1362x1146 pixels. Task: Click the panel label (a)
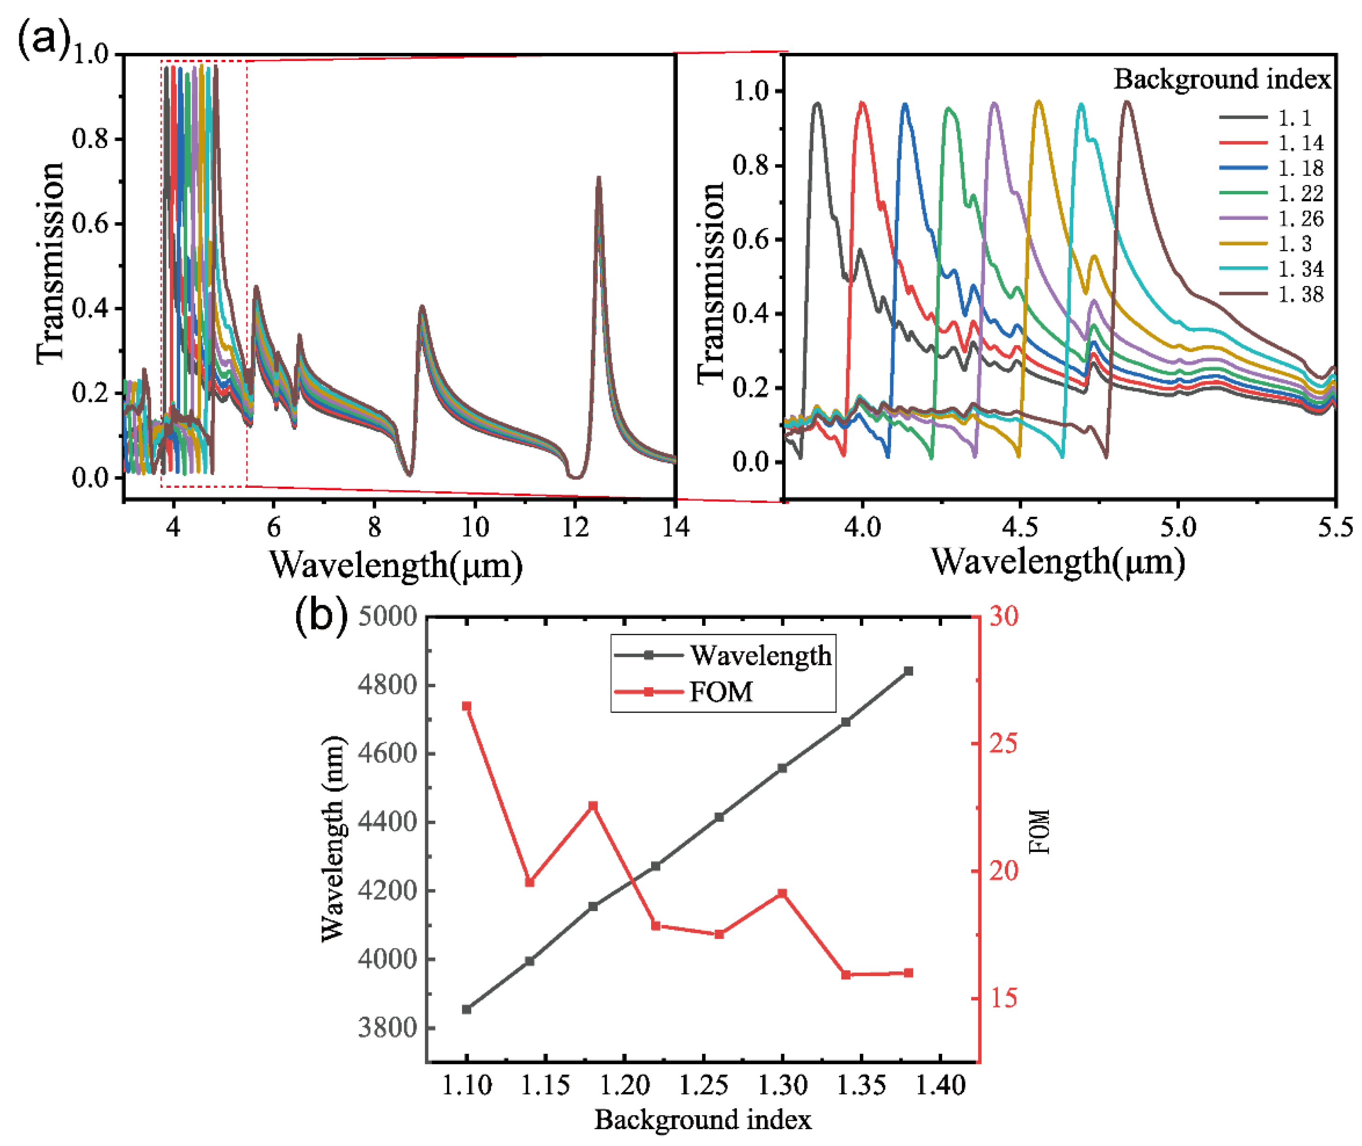[x=43, y=39]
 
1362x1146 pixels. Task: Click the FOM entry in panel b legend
[x=720, y=692]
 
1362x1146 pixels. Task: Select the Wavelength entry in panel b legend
[x=760, y=655]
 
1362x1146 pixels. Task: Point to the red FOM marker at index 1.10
[x=466, y=706]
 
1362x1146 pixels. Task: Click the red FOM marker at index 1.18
[x=593, y=806]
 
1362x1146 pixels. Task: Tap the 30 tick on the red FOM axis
[x=1004, y=616]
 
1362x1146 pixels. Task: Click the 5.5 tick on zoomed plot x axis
[x=1335, y=526]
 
